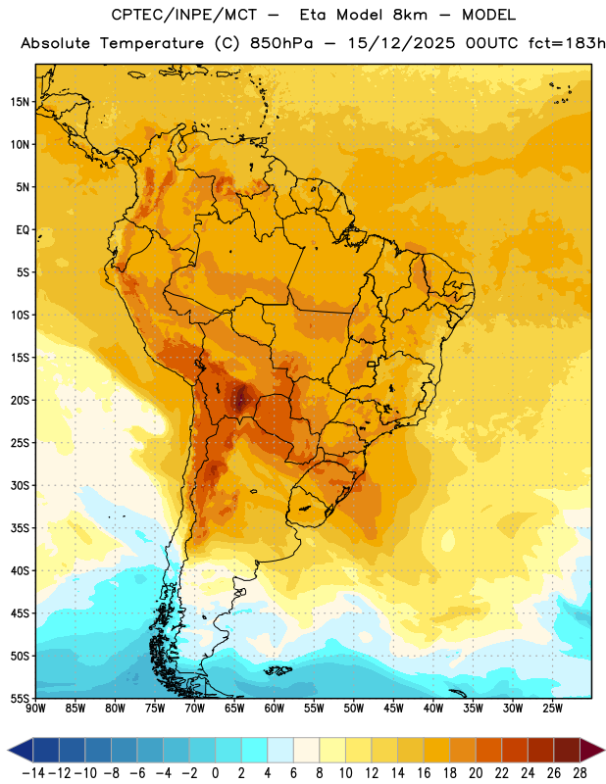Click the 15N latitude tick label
20,102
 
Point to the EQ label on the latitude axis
23,230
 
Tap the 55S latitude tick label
20,698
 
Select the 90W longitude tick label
35,709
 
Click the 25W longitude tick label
552,709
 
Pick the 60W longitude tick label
275,709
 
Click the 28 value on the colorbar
581,773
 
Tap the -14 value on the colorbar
33,773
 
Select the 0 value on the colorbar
216,773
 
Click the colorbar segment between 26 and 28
568,750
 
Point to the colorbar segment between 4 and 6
280,750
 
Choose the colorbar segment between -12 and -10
73,750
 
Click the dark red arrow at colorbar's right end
591,750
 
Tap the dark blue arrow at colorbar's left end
21,750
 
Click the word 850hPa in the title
281,43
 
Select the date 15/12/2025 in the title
402,43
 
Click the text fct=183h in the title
568,43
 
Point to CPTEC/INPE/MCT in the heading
184,15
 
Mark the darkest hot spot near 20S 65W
241,399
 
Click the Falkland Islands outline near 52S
278,670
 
